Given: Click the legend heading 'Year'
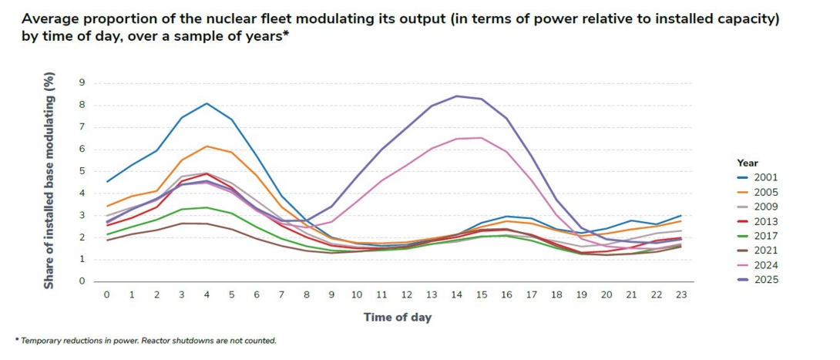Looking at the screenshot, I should point(748,163).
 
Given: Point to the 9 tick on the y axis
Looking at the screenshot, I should point(82,82).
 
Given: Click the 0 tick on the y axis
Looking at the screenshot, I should point(82,281).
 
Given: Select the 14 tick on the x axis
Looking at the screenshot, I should point(458,294).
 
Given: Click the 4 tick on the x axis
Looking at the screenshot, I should point(206,294).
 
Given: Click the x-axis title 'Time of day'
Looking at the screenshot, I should point(397,318).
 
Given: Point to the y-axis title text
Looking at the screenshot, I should point(49,182).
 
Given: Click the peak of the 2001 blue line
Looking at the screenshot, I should point(207,103).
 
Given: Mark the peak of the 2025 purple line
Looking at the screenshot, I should point(458,96).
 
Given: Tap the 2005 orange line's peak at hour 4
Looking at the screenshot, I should point(207,146).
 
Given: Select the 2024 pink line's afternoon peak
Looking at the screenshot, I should point(482,137).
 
